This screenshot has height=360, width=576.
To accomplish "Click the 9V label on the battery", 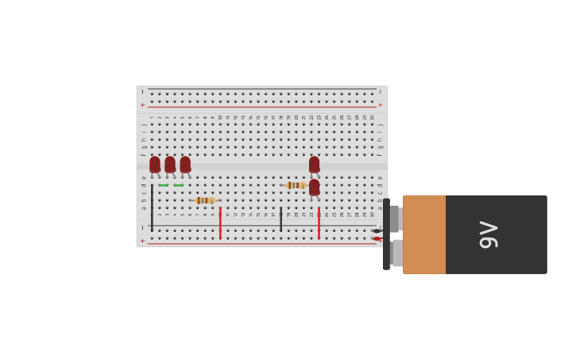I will point(489,234).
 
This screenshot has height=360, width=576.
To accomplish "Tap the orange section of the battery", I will point(423,234).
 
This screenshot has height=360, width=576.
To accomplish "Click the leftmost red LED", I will point(154,165).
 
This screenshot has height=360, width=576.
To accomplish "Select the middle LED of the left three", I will point(170,165).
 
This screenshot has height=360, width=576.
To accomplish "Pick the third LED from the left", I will point(185,165).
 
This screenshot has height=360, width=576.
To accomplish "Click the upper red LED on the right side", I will point(314,165).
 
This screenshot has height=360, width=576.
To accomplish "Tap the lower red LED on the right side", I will point(314,188).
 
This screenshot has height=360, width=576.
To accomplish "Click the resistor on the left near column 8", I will point(204,200).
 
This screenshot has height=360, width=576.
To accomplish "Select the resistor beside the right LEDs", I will point(296,185).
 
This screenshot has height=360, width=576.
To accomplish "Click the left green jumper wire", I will point(163,185).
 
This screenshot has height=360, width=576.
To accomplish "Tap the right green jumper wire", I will point(178,185).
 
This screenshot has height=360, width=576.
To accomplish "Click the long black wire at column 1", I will point(152,207).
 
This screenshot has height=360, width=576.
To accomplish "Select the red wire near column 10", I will point(220,223).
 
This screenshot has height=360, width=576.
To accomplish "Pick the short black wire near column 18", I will point(280,219).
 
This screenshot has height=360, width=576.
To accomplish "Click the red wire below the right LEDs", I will point(319,223).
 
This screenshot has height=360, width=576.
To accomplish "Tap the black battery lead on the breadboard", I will point(377,230).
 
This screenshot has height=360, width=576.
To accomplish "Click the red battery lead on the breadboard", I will point(377,238).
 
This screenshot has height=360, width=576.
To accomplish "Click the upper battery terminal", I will point(395,219).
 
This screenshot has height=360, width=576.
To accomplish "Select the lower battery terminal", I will point(396,253).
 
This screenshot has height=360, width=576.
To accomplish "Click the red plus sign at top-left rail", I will point(143,105).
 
